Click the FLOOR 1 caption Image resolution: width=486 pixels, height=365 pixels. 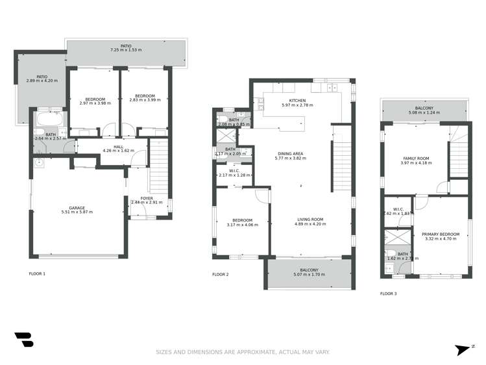click(37, 274)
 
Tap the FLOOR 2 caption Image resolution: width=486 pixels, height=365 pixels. click(220, 275)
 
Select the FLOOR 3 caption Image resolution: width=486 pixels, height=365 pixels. click(388, 294)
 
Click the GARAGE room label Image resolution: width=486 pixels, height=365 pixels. click(77, 207)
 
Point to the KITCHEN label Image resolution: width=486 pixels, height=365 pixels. click(297, 101)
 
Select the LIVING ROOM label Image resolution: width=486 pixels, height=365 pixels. click(310, 220)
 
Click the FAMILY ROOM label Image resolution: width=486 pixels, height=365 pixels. click(417, 158)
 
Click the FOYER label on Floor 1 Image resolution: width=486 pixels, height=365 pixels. click(147, 198)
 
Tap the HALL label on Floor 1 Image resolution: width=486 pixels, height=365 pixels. click(118, 147)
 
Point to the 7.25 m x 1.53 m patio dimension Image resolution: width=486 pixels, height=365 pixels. click(125, 50)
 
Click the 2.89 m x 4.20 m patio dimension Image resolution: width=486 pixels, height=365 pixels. click(42, 81)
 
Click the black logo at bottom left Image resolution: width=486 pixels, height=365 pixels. click(23, 340)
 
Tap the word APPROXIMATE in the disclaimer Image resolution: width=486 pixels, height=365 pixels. click(249, 352)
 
